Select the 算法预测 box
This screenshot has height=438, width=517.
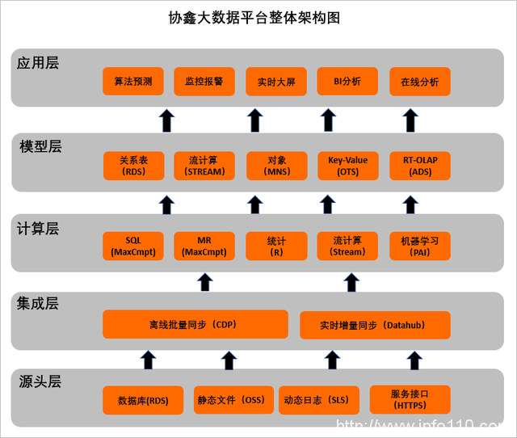coord(133,82)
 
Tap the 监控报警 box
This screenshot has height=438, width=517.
coord(204,82)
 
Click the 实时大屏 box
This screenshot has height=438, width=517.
coord(276,82)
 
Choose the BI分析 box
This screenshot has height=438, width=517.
coord(347,82)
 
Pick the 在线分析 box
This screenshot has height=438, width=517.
coord(419,82)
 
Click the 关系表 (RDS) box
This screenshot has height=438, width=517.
coord(133,166)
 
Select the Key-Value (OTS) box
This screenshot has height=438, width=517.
coord(347,166)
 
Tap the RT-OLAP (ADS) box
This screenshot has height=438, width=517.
coord(419,166)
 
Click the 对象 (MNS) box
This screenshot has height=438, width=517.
coord(276,166)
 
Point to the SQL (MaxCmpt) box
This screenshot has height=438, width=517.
coord(133,246)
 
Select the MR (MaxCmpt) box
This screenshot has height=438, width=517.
coord(204,246)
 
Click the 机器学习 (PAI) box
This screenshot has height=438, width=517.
coord(419,246)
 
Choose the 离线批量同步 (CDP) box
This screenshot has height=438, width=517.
coord(195,325)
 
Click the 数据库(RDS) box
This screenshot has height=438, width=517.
coord(143,400)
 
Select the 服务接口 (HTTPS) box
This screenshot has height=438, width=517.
coord(410,400)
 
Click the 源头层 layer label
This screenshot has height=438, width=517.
coord(40,381)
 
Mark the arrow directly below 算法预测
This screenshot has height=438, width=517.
coord(166,120)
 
